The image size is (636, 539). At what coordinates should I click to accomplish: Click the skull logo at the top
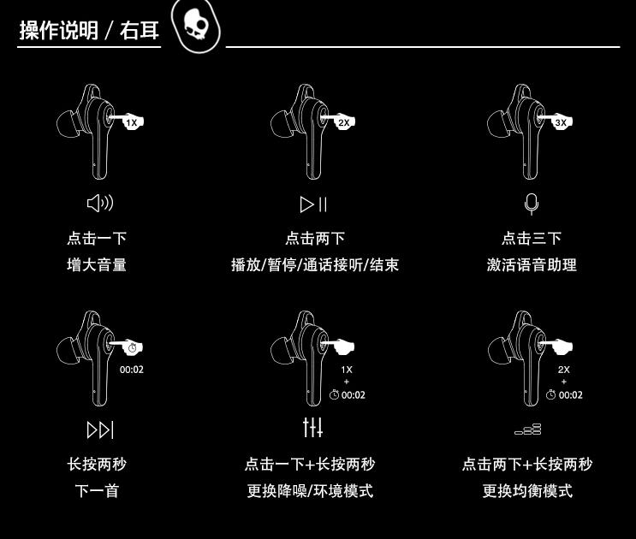point(195,26)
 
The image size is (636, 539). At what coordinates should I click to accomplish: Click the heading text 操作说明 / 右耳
point(89,32)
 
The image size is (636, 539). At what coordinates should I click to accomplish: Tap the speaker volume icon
point(100,204)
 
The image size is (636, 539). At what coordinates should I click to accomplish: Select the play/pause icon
point(313,204)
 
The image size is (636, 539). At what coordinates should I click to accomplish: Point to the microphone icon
point(532,204)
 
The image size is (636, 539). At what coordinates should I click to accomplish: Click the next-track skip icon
point(100,429)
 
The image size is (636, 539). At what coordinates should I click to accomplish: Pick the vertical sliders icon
point(313,426)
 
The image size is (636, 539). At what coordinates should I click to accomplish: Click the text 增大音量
point(97,265)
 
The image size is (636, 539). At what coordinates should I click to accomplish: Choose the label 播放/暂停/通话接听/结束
point(315,265)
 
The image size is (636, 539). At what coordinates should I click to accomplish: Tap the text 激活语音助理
point(532,265)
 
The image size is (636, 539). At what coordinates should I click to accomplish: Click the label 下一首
point(97,491)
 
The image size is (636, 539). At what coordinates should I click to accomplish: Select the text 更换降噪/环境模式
point(310,491)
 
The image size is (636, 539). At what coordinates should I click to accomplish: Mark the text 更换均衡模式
point(527,491)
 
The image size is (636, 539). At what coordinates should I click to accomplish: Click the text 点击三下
point(532,239)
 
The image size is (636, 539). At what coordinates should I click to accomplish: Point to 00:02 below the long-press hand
point(132,370)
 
